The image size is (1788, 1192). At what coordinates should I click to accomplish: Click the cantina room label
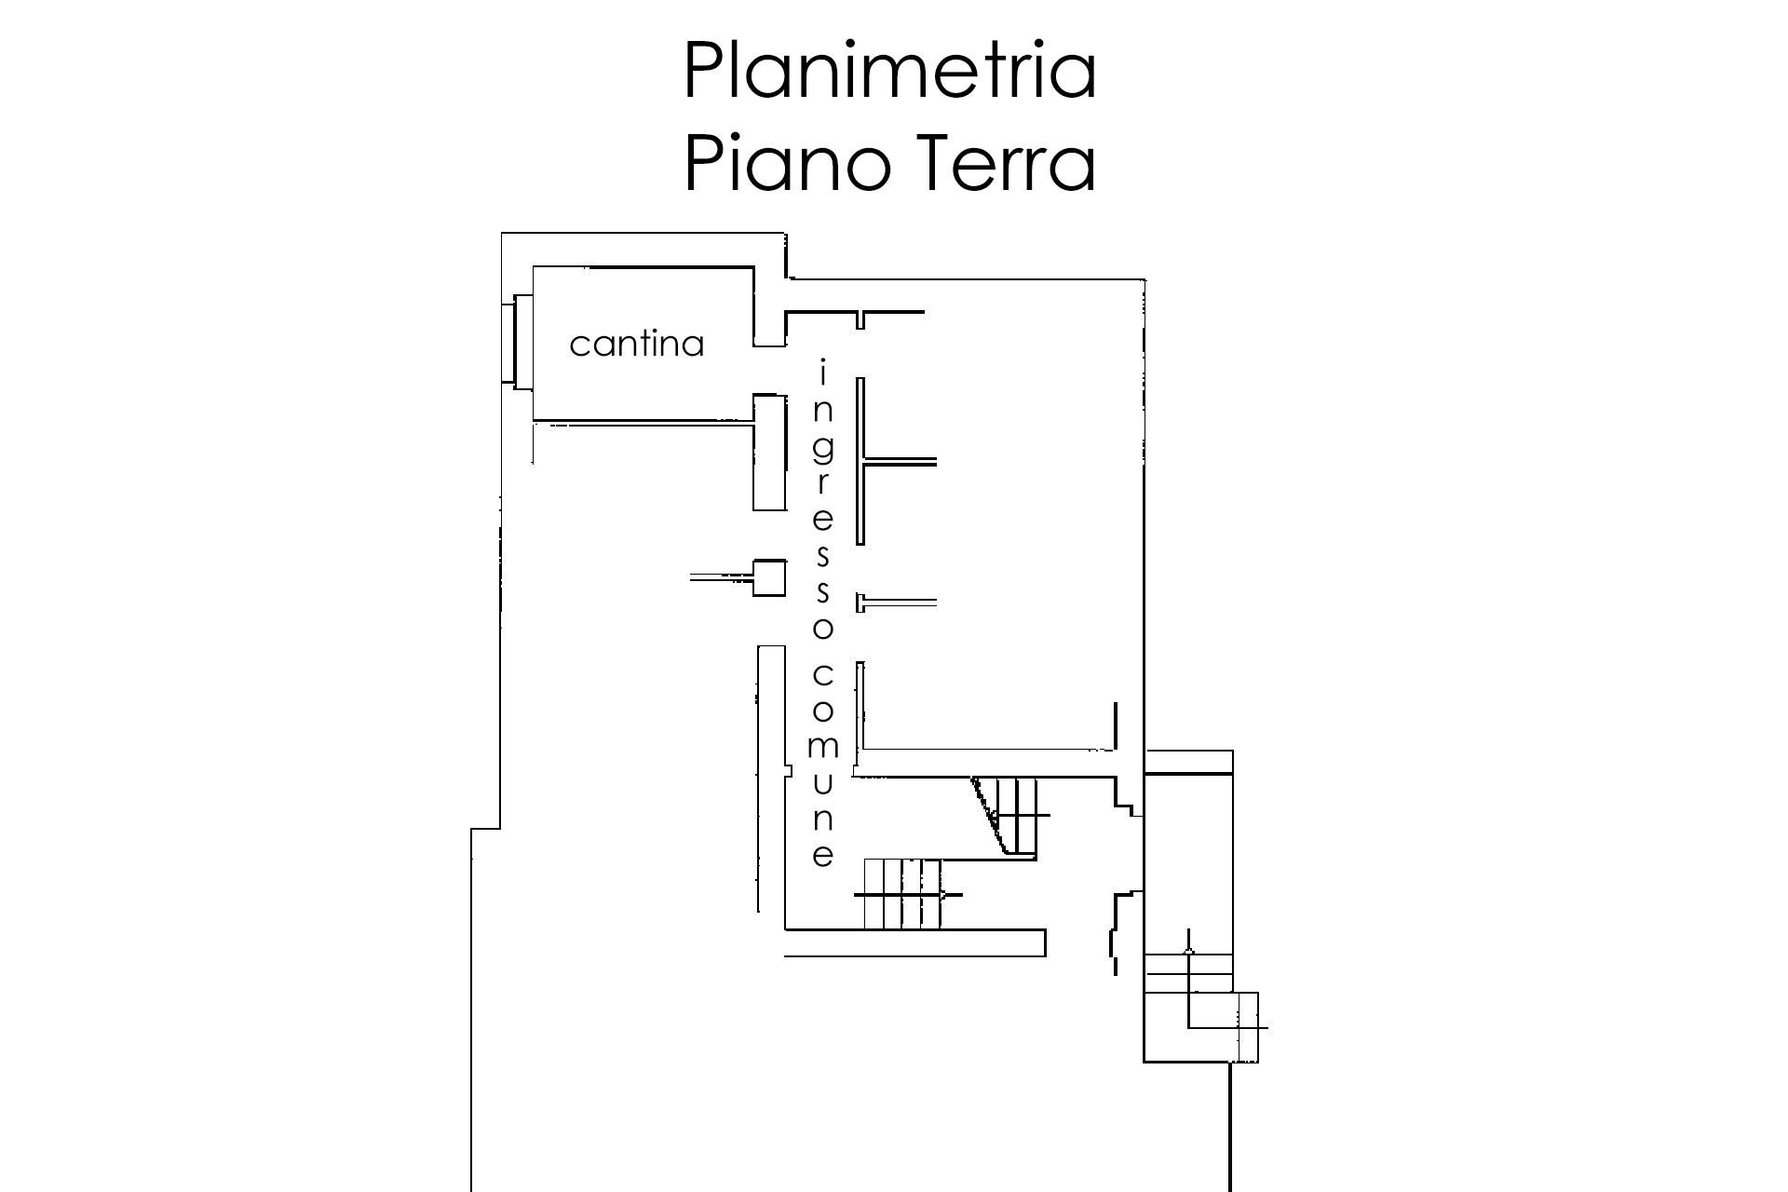click(636, 345)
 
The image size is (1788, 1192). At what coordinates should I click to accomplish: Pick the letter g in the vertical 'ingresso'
click(822, 449)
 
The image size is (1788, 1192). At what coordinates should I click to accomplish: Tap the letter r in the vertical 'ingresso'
click(823, 484)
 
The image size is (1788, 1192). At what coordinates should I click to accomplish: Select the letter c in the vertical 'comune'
click(822, 674)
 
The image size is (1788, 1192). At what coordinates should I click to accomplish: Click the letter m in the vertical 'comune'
click(822, 747)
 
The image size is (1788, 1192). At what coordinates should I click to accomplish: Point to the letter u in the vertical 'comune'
click(822, 783)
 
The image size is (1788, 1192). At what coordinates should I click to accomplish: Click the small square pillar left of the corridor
click(769, 577)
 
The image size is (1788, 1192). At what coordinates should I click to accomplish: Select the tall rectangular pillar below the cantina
click(769, 452)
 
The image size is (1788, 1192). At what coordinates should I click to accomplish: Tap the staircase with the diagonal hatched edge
click(1010, 816)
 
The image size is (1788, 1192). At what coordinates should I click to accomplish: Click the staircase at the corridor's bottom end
click(903, 894)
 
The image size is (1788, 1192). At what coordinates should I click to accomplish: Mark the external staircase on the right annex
click(1201, 1006)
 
